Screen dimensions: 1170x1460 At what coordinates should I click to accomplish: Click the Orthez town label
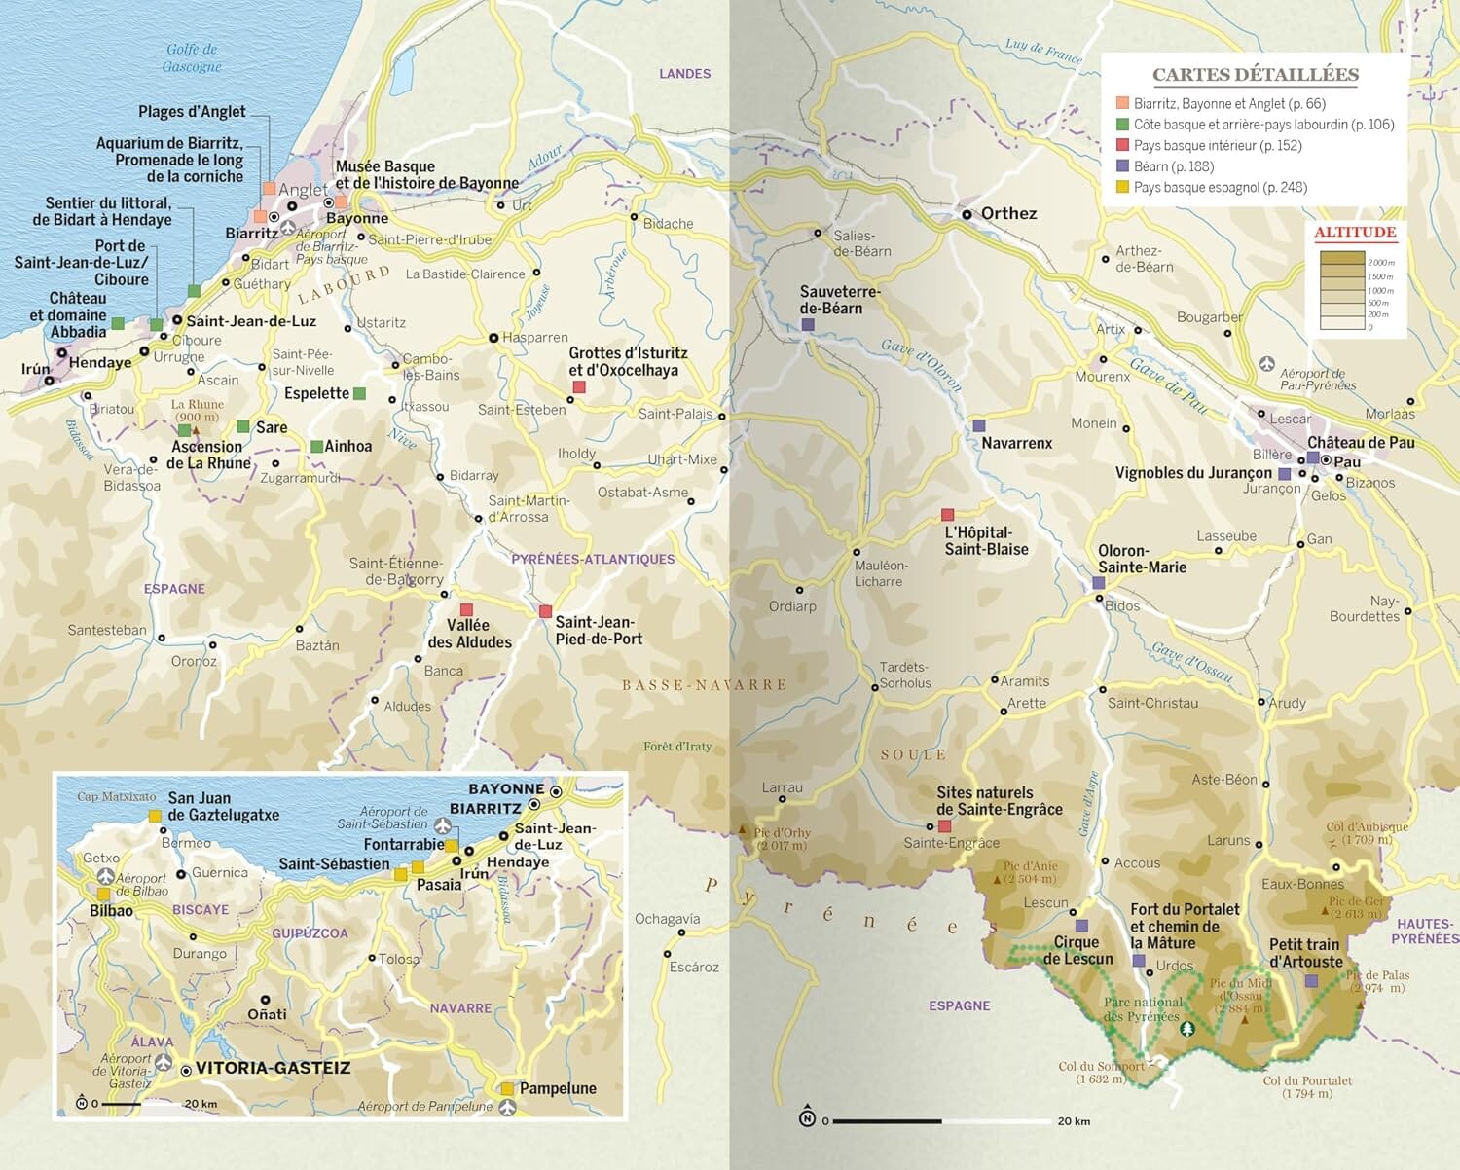coord(1008,213)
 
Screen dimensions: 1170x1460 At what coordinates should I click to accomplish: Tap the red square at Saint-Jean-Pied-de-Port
coord(545,611)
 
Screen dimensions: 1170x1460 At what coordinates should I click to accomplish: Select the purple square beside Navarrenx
coord(978,425)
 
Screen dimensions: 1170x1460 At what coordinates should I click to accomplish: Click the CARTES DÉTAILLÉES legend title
coord(1256,75)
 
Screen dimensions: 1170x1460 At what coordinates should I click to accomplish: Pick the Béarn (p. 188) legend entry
coord(1173,166)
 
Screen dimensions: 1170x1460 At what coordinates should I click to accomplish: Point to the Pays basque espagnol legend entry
coord(1220,187)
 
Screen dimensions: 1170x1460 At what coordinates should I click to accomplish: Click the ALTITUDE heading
coord(1355,232)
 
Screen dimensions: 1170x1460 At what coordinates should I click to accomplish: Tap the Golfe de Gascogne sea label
coord(192,57)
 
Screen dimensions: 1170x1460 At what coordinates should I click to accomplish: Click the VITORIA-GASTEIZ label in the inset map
coord(273,1068)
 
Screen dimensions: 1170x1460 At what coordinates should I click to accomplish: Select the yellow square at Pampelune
coord(507,1088)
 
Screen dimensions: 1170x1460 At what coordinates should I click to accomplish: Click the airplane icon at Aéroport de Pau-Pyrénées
coord(1266,363)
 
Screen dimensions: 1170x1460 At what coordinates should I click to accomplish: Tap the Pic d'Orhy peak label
coord(782,838)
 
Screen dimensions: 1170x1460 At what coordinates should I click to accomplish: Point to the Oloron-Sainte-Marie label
coord(1141,559)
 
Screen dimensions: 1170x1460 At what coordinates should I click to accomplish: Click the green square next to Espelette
coord(359,393)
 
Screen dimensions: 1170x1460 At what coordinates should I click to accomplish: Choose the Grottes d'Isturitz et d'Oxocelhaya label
coord(628,361)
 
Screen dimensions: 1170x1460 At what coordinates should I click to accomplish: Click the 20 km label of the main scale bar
coord(1074,1121)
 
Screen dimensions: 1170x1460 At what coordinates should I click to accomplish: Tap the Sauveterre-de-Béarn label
coord(839,300)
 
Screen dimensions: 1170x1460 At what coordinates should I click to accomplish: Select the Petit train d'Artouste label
coord(1305,953)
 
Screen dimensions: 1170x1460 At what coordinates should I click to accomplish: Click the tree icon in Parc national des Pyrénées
coord(1186,1029)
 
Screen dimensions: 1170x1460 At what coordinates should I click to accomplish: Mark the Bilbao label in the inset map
coord(111,910)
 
